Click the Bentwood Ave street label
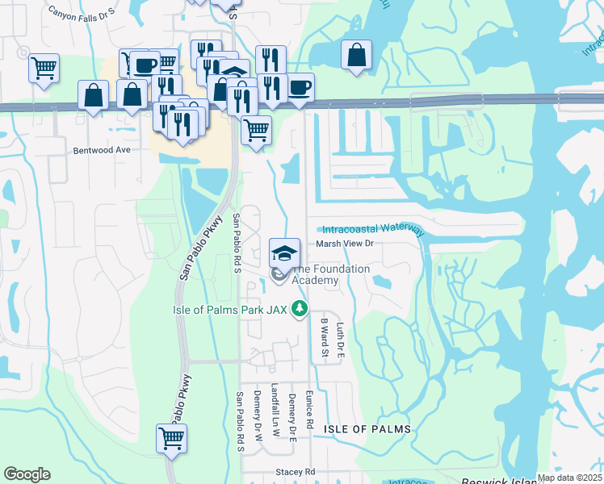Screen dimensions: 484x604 point(102,150)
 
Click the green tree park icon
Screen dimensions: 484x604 point(300,308)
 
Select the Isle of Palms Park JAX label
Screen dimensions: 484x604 point(231,309)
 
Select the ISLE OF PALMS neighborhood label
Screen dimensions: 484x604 point(367,429)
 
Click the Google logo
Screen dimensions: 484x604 point(27,474)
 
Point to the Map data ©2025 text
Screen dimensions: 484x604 point(569,478)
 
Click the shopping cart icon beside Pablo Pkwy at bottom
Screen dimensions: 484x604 point(172,439)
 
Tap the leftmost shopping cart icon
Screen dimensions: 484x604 point(44,67)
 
